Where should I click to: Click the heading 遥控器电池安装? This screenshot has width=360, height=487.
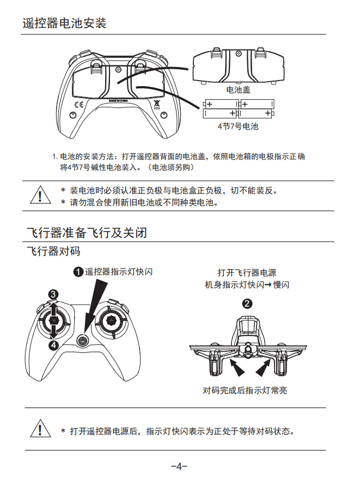(x=64, y=24)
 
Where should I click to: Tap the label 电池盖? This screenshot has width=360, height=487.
(x=238, y=89)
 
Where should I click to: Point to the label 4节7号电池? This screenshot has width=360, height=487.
(x=237, y=126)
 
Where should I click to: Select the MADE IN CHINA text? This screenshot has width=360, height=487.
(x=118, y=101)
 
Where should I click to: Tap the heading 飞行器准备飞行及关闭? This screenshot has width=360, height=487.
(x=87, y=233)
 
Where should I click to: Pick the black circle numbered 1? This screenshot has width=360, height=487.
(x=78, y=272)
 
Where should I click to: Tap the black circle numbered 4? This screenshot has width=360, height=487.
(x=53, y=345)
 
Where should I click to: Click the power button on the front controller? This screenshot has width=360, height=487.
(x=82, y=340)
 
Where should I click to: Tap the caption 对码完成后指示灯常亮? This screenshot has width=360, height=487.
(x=245, y=390)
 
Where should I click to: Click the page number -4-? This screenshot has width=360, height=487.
(x=179, y=466)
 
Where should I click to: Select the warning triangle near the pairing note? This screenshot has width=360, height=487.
(x=39, y=429)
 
